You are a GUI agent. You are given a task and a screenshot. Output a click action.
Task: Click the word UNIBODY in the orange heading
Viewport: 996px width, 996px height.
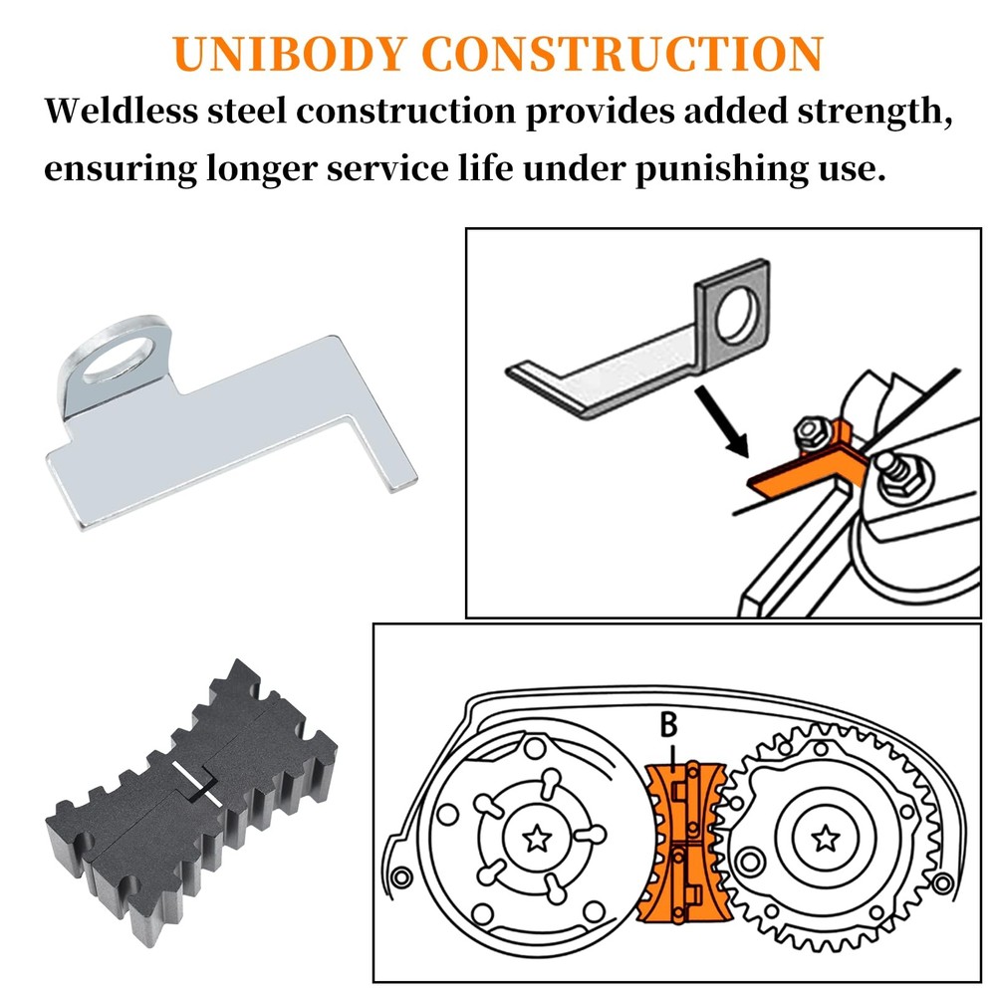pos(289,54)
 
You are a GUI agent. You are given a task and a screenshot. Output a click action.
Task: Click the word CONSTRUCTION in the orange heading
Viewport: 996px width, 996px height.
pos(623,54)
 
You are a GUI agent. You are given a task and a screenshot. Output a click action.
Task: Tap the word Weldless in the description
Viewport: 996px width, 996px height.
pos(122,111)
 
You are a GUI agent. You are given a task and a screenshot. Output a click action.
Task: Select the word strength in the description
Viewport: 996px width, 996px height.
pos(874,112)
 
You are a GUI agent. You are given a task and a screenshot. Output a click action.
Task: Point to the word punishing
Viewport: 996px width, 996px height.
pos(720,170)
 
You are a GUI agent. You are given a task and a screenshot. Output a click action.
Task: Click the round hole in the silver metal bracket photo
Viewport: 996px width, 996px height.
pos(119,359)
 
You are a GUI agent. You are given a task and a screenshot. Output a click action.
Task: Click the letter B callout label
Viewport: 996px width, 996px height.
pos(669,725)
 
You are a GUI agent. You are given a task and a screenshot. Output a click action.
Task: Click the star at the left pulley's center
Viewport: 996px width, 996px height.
pos(538,839)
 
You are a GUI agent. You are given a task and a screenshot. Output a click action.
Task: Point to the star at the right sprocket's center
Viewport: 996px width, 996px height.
pos(826,839)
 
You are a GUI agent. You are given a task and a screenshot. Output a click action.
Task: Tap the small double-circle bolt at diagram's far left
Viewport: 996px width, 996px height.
pos(402,878)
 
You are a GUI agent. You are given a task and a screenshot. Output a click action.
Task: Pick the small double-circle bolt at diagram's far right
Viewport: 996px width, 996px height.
pos(942,883)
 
